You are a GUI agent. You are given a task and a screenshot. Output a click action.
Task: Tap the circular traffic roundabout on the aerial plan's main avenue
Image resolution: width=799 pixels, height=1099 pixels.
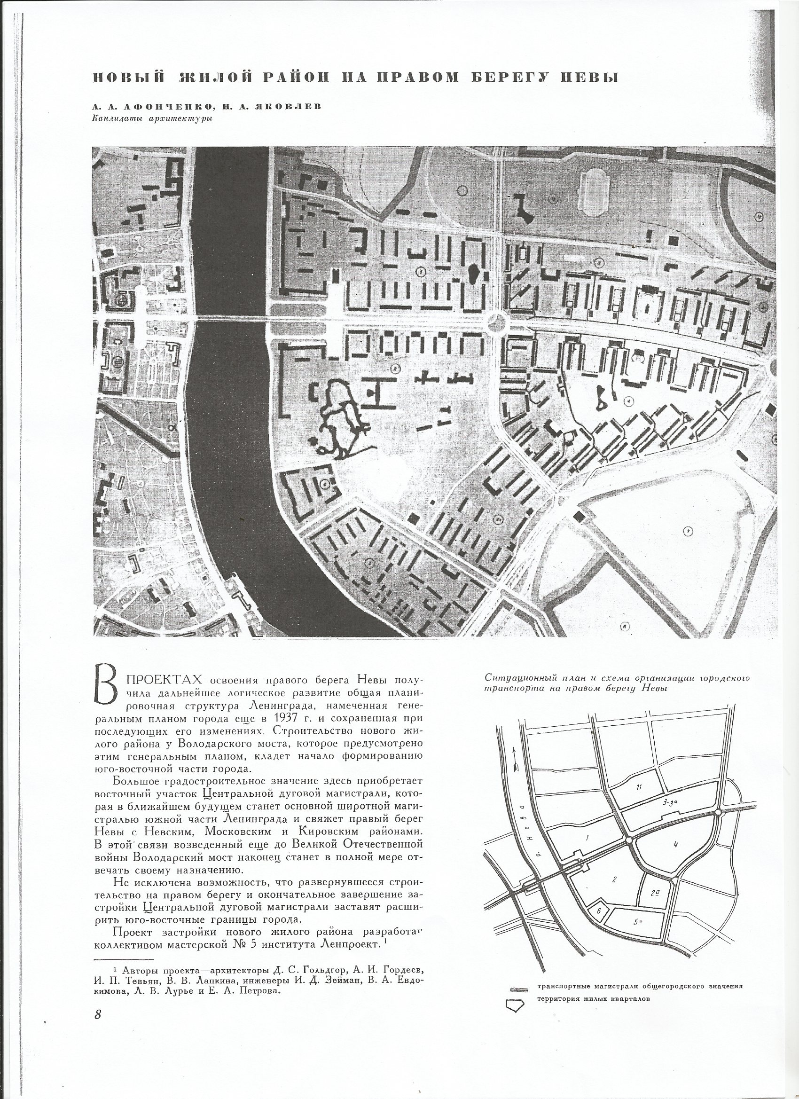[497, 320]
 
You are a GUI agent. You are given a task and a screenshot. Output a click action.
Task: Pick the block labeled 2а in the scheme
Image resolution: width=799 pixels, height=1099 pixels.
[654, 892]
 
